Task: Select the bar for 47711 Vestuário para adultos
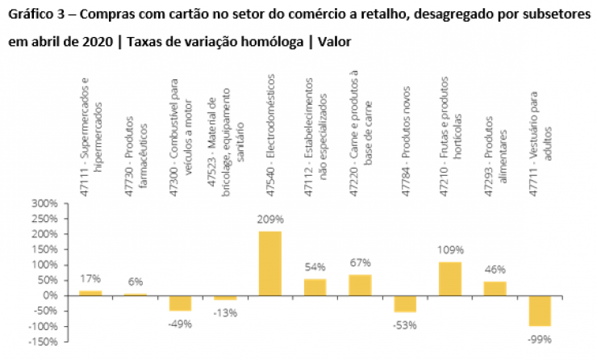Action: coord(540,311)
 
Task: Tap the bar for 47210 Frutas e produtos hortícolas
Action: coord(450,278)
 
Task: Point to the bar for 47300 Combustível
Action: coord(180,303)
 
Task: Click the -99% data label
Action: coord(540,339)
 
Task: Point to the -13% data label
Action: coord(225,313)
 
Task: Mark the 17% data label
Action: coord(90,279)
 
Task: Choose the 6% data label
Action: coord(135,283)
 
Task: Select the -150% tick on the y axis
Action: coord(43,341)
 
